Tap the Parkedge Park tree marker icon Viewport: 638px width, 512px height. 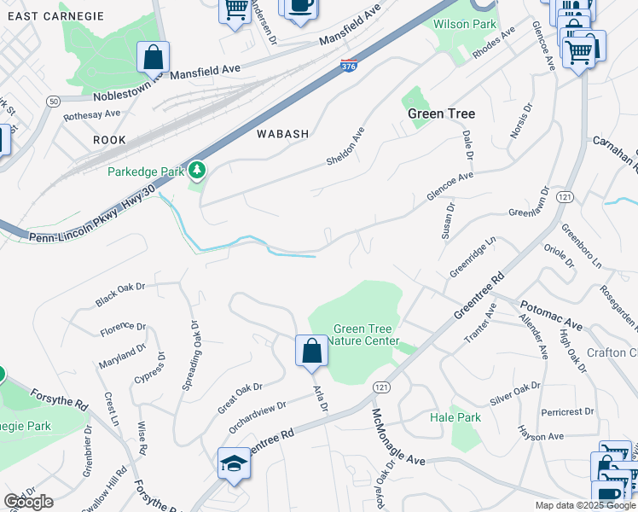198,171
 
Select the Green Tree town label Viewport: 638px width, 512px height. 441,113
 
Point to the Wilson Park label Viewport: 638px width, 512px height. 463,24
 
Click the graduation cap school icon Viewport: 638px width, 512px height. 234,463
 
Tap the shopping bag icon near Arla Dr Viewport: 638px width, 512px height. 311,351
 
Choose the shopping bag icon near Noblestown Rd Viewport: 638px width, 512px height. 153,58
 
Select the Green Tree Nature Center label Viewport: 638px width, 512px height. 363,335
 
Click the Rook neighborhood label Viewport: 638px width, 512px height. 109,140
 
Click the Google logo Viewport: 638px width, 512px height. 28,502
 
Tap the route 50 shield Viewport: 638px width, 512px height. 54,102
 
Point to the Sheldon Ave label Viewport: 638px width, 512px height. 345,146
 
